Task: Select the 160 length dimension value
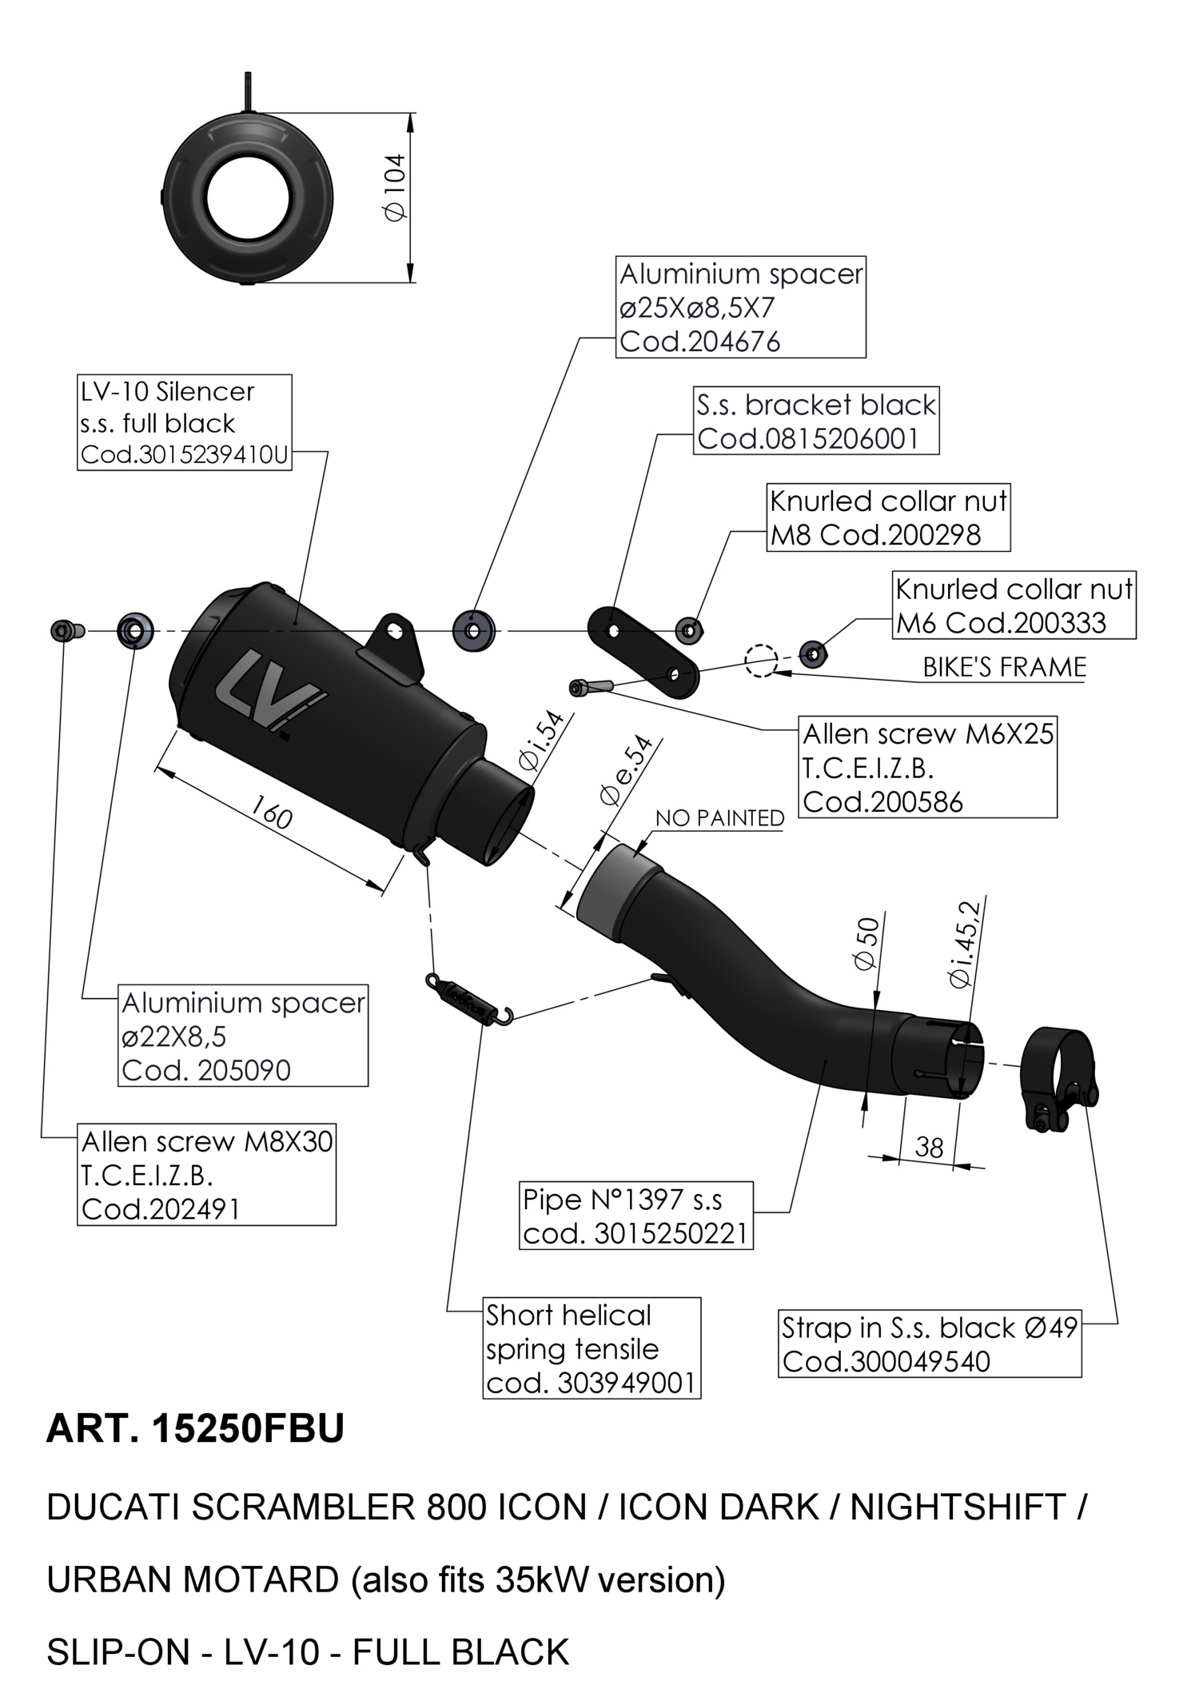(273, 813)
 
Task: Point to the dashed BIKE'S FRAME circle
(760, 660)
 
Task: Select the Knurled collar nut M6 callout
(1014, 605)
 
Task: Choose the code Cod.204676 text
(699, 342)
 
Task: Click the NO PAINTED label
(719, 818)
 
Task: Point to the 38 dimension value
(929, 1148)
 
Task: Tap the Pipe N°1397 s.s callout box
(636, 1215)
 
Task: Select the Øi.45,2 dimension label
(963, 944)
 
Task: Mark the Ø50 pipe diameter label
(866, 944)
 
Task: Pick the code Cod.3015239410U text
(184, 455)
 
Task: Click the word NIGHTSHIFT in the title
(957, 1507)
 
